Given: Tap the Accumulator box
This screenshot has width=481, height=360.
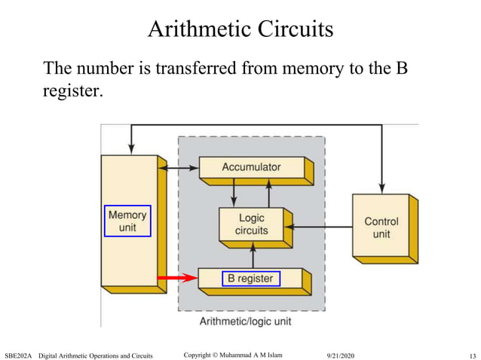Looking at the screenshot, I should pos(251,167).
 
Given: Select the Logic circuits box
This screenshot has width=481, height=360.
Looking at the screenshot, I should pos(251,224).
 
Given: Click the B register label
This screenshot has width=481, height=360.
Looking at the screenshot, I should pos(251,279).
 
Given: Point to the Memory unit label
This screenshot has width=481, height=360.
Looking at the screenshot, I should pos(127,221).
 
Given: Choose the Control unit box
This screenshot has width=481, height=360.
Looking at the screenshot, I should pos(381,227).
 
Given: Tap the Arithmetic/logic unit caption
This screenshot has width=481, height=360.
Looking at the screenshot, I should pos(245,322).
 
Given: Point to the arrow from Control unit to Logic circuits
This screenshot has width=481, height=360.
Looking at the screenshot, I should pos(320,226).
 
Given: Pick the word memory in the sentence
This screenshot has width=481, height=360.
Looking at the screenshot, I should pos(327,69).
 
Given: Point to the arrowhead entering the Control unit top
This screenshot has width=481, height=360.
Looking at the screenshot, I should pos(382,188).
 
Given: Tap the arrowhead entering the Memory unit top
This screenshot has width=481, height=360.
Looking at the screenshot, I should pos(132,149).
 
